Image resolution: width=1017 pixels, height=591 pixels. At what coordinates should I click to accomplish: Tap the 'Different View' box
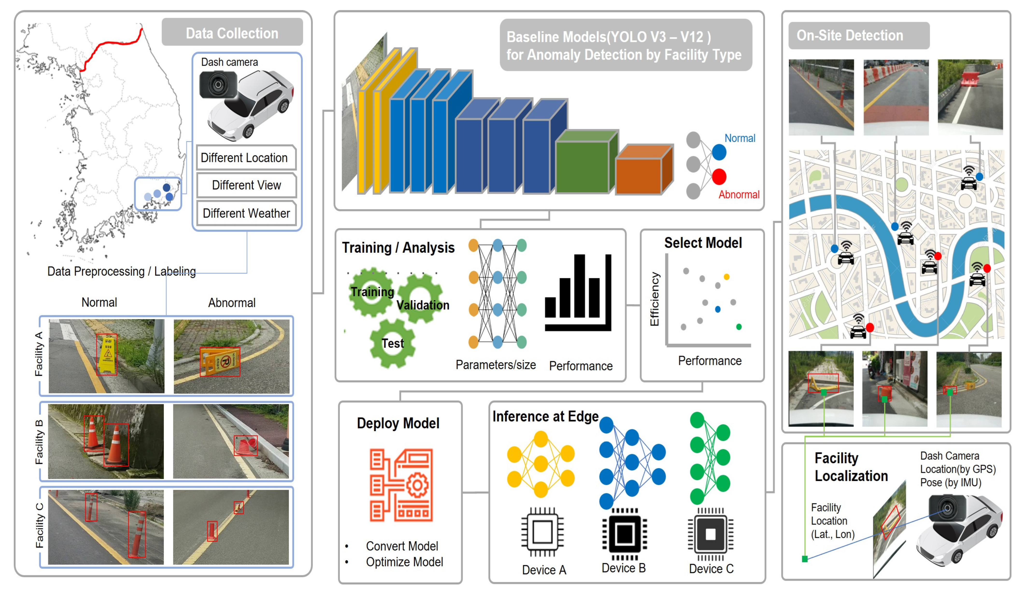(246, 185)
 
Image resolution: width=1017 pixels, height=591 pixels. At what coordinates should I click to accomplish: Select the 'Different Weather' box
(246, 213)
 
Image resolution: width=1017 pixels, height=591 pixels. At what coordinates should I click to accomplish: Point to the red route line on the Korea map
(113, 43)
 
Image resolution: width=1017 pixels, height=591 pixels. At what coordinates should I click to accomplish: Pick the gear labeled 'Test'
(392, 343)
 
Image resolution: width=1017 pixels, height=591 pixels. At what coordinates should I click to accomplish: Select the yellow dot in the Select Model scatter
(726, 277)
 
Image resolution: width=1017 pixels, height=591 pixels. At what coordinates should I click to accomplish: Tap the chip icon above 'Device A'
(542, 532)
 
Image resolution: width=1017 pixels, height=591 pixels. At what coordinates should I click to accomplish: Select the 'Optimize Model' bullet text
(404, 562)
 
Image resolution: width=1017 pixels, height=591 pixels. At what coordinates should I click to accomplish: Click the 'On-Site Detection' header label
(850, 36)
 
